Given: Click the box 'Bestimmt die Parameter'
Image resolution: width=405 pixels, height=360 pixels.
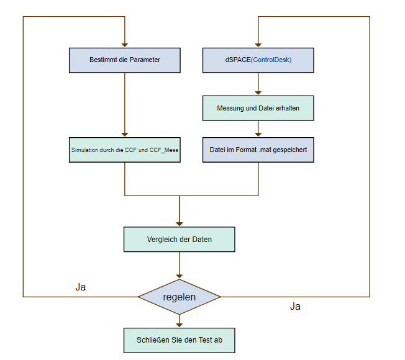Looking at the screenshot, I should pos(124,60).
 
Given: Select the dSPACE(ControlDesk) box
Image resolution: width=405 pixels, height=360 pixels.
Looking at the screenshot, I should pos(258,60).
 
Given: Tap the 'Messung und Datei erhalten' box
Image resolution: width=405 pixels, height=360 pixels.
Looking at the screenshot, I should pos(258,108).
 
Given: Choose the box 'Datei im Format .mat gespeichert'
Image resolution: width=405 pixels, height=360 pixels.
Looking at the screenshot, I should pos(258,150).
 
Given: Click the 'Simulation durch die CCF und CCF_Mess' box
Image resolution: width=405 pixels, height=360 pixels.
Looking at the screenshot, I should pos(125,150).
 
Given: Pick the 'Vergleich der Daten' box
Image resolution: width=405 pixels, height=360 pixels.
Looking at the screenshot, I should pos(180,240).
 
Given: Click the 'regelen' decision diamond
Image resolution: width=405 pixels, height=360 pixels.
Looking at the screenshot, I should pos(180,297).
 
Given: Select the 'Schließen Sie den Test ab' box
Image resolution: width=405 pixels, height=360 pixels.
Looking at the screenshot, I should pos(180,340).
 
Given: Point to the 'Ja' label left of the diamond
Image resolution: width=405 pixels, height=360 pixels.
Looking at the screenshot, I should pos(81,287).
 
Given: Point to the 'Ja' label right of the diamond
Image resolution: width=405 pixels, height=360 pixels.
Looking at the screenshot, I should pos(295,306).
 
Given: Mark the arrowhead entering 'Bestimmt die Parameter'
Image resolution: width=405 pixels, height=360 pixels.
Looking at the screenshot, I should pos(125,45).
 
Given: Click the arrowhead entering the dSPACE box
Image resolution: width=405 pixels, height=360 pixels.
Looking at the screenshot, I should pos(258,45).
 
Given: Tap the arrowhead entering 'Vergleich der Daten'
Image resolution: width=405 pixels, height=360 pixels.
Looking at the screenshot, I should pos(180,223).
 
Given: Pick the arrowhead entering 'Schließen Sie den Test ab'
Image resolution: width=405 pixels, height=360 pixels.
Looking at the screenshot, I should pos(180,324).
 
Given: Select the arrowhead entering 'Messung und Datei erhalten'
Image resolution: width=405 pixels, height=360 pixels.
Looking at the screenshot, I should pos(258,92).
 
